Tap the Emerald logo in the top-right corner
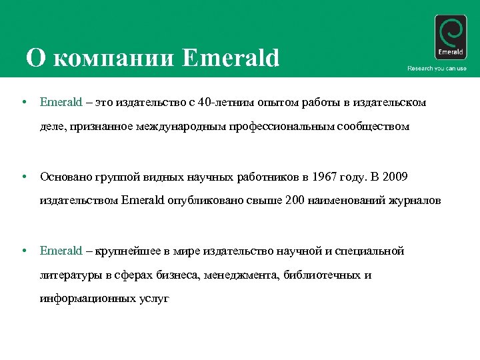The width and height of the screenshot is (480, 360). [450, 37]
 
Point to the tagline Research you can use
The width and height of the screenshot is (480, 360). [437, 69]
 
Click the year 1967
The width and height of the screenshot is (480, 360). [323, 177]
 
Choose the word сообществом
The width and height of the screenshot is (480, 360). [373, 125]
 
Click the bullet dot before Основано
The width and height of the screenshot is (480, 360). [24, 177]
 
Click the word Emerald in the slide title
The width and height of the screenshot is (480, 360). [230, 59]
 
